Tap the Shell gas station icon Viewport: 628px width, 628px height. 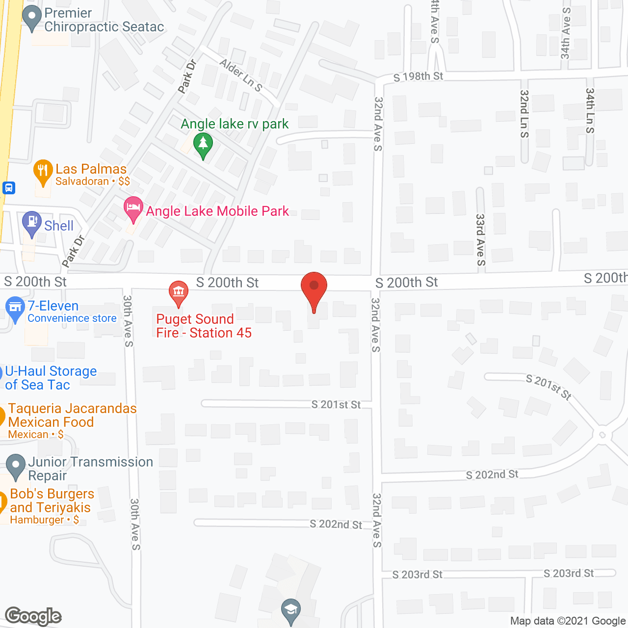32,223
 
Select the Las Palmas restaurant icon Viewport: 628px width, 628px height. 43,172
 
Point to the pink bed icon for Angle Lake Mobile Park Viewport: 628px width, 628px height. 133,209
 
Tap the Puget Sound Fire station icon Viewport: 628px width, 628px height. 178,293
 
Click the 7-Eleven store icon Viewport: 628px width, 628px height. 15,309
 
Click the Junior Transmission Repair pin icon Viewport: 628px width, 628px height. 16,466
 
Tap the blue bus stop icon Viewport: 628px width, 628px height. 9,187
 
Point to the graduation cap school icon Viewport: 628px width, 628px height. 291,611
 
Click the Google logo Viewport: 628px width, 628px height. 33,616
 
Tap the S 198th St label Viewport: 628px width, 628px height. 418,77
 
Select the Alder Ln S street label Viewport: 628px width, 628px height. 241,75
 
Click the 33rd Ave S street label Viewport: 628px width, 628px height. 480,239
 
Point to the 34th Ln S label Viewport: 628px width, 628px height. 590,110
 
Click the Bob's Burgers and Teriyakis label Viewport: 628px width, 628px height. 52,500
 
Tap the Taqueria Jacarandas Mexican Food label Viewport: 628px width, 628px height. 72,415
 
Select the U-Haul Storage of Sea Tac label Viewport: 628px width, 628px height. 51,378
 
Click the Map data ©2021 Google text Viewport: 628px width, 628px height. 568,621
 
